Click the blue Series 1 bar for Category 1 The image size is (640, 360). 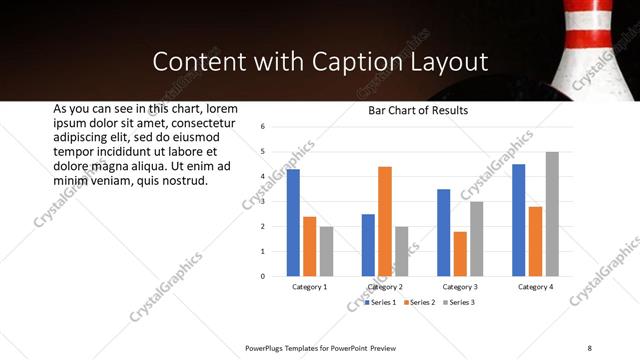tap(293, 222)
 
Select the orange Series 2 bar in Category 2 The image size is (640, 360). tap(385, 221)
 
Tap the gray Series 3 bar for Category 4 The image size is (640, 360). tap(552, 213)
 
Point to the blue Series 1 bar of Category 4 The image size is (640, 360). tap(518, 220)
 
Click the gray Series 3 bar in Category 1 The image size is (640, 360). tap(326, 251)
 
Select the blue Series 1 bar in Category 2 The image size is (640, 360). tap(368, 245)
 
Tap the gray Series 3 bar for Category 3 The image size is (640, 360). tap(477, 238)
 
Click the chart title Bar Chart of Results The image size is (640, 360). tap(418, 110)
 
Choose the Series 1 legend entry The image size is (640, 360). tap(380, 302)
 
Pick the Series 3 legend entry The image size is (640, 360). tap(459, 302)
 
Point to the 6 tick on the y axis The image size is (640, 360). tap(261, 127)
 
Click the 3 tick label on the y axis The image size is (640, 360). tap(261, 201)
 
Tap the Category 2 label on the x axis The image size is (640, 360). tap(385, 287)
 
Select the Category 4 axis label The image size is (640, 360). tap(535, 287)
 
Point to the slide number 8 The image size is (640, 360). tap(589, 347)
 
